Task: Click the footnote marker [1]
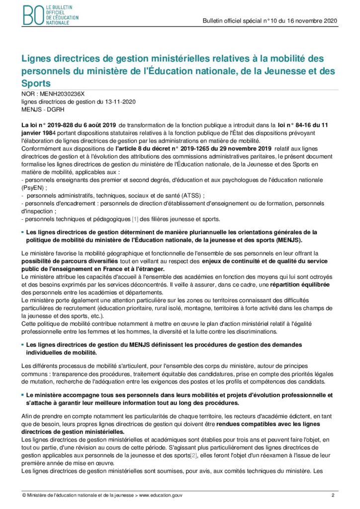click(x=135, y=219)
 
